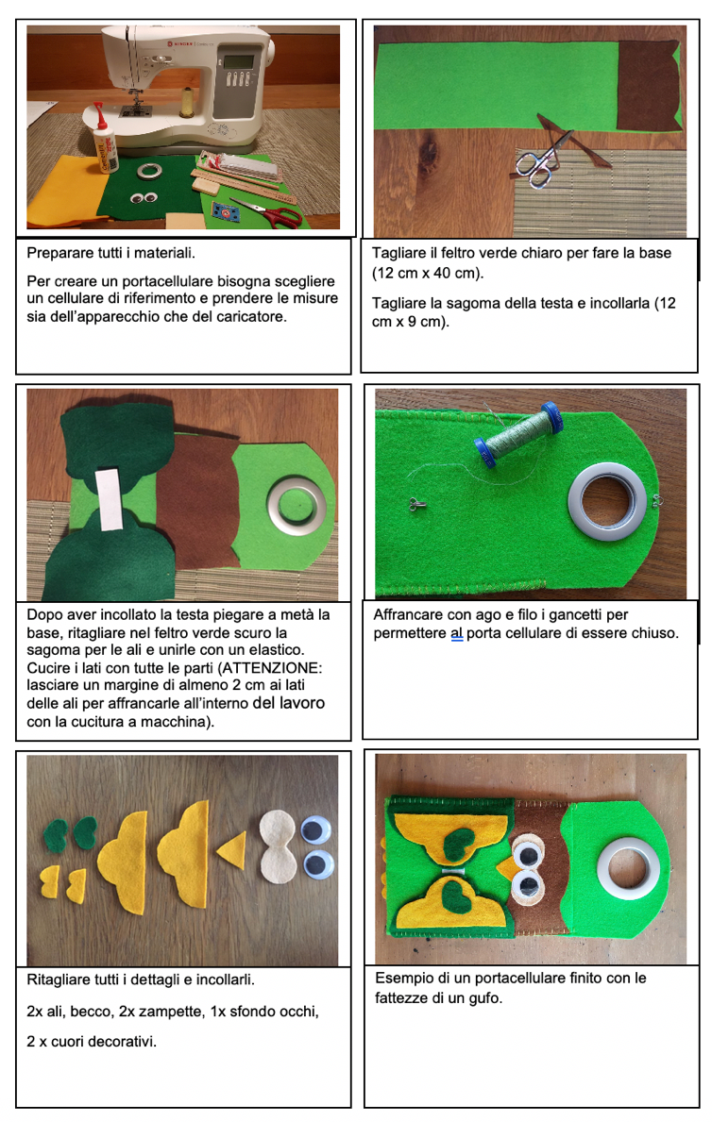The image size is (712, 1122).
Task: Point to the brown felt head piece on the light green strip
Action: click(648, 85)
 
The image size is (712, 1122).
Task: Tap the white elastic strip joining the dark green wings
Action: click(111, 499)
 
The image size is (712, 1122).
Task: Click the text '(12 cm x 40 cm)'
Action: click(428, 273)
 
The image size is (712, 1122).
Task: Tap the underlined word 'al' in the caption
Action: click(457, 633)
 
